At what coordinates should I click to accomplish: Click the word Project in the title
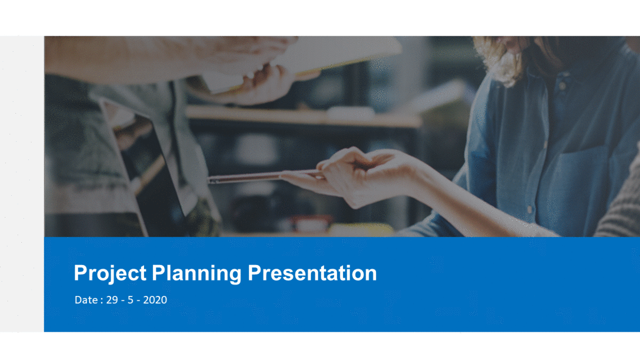pos(110,274)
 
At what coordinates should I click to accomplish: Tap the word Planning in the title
pos(197,274)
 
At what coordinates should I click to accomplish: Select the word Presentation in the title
pos(313,273)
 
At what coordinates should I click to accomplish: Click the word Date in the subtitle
pos(86,300)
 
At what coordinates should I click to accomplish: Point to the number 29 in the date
pos(112,300)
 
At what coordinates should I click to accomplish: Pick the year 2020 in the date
pos(155,300)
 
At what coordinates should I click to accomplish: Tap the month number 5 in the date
pos(130,300)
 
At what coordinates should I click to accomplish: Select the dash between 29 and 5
pos(123,301)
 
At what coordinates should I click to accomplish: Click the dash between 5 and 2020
pos(138,301)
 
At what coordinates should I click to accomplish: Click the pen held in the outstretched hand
pos(266,176)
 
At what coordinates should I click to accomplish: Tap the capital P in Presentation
pos(254,273)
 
